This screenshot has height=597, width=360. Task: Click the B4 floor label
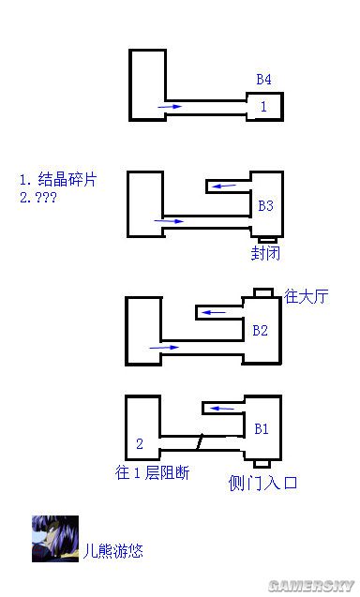[263, 79]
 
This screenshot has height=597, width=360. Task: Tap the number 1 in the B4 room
[263, 107]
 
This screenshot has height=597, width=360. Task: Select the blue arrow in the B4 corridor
[170, 108]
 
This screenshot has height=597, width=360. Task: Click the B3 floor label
[265, 204]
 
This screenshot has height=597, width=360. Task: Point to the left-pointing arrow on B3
[223, 187]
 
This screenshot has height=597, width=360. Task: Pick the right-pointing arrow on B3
[171, 221]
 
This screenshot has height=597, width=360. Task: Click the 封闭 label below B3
[265, 253]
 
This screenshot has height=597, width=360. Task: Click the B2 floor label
[261, 330]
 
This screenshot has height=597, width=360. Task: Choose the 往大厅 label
[307, 297]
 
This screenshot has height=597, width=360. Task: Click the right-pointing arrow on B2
[164, 348]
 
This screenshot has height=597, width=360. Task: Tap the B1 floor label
[262, 429]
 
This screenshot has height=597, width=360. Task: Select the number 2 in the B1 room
[139, 443]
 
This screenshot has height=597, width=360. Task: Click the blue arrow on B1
[220, 409]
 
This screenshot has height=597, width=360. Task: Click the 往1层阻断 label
[153, 472]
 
